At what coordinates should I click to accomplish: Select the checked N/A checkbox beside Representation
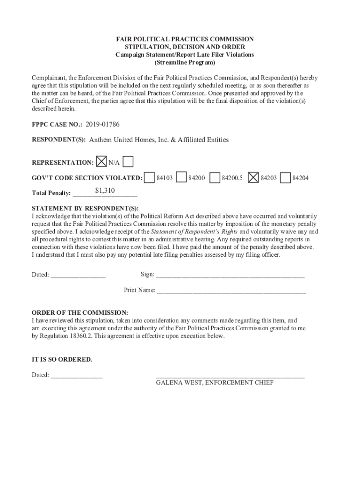pos(101,162)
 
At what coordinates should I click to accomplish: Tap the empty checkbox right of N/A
pos(128,162)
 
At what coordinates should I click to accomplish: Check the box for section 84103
pos(150,178)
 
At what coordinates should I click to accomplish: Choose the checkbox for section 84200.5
pos(215,178)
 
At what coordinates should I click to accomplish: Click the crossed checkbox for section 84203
pos(253,178)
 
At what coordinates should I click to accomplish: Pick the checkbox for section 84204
pos(285,178)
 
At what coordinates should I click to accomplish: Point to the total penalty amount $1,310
pos(105,190)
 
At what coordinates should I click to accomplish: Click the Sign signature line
pos(230,275)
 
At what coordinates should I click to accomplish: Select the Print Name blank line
pos(231,291)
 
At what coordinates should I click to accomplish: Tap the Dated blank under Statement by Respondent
pos(78,275)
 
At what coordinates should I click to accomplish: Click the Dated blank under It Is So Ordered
pos(76,375)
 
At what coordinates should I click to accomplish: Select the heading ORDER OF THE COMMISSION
pos(79,312)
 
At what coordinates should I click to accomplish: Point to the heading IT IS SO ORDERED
pos(62,360)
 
